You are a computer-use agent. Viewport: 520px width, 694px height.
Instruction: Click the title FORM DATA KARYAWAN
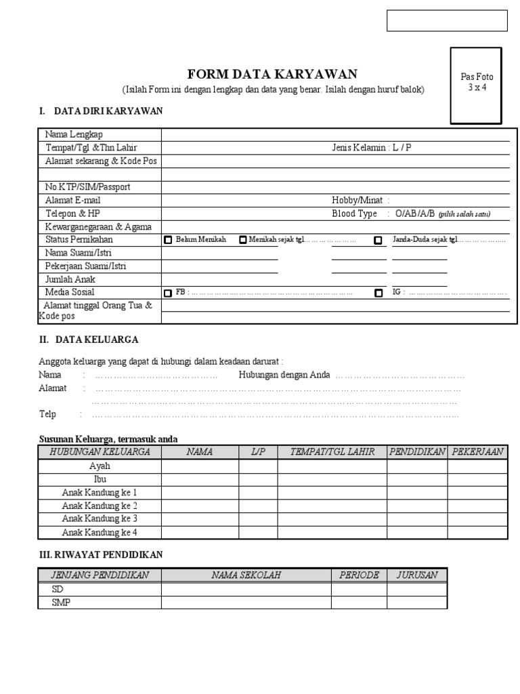pyautogui.click(x=272, y=75)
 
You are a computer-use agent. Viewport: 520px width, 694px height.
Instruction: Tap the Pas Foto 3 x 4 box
pyautogui.click(x=477, y=85)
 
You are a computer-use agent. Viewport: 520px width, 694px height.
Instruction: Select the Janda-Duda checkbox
pyautogui.click(x=378, y=241)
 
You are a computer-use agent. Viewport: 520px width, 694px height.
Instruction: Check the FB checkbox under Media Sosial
pyautogui.click(x=168, y=293)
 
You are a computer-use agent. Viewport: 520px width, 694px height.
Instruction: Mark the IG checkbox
pyautogui.click(x=378, y=293)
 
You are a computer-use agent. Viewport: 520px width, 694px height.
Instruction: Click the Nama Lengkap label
pyautogui.click(x=74, y=134)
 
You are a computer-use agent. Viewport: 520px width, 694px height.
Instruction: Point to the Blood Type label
pyautogui.click(x=354, y=213)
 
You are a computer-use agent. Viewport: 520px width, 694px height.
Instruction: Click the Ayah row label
pyautogui.click(x=100, y=466)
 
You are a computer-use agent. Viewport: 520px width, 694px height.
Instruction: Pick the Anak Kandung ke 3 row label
pyautogui.click(x=100, y=518)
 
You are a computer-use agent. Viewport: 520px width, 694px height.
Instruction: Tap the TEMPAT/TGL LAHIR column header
pyautogui.click(x=332, y=452)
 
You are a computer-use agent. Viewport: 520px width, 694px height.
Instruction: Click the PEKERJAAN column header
pyautogui.click(x=477, y=452)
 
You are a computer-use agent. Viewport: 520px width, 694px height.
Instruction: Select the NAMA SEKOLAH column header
pyautogui.click(x=246, y=575)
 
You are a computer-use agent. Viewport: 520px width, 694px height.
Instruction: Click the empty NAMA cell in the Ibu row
pyautogui.click(x=200, y=479)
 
